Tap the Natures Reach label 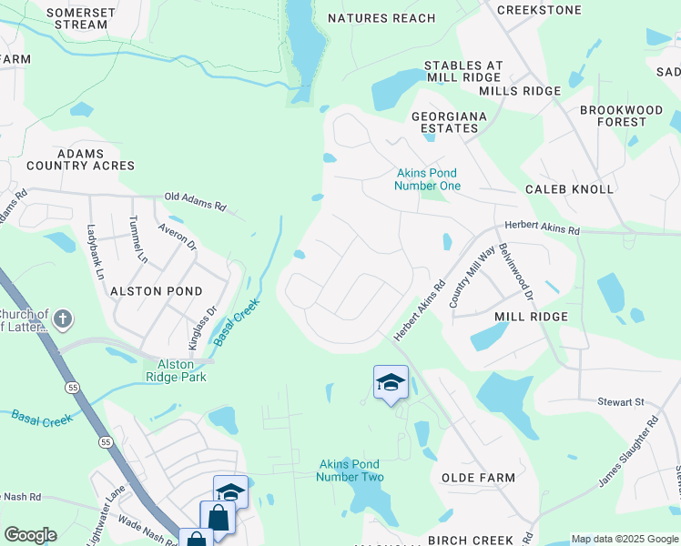pyautogui.click(x=381, y=18)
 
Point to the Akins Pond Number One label pyautogui.click(x=427, y=179)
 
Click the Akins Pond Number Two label pyautogui.click(x=351, y=470)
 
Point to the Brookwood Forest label pyautogui.click(x=621, y=116)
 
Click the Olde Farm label pyautogui.click(x=478, y=478)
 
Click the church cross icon pyautogui.click(x=62, y=318)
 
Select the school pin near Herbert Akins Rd pyautogui.click(x=391, y=382)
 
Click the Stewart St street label pyautogui.click(x=621, y=400)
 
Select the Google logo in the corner pyautogui.click(x=30, y=535)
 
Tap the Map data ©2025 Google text pyautogui.click(x=624, y=539)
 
